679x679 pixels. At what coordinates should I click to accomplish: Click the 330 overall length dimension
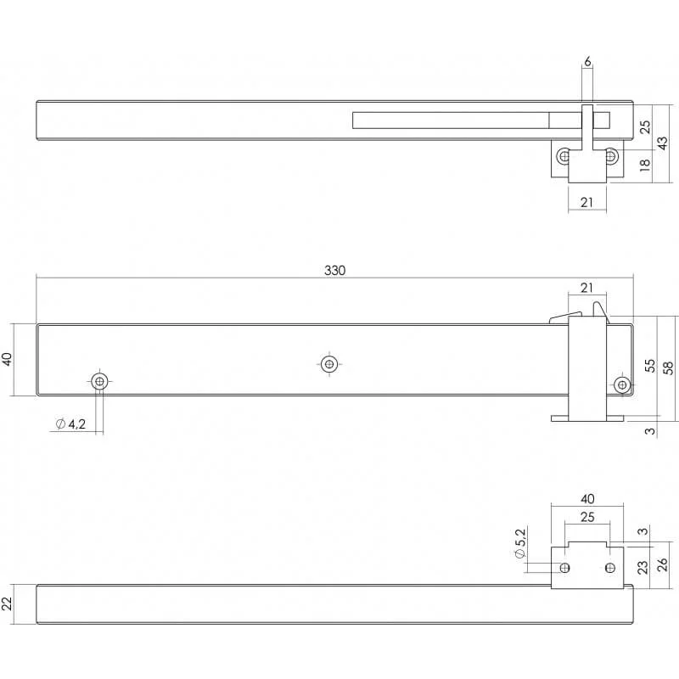[334, 271]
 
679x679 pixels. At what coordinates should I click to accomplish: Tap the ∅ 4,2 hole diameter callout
[70, 424]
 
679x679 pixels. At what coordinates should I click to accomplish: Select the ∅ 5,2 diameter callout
[519, 543]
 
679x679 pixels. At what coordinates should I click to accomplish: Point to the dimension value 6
[587, 62]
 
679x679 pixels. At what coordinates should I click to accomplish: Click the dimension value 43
[663, 143]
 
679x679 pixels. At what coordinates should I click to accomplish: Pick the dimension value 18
[645, 165]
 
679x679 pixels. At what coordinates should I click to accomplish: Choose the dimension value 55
[650, 366]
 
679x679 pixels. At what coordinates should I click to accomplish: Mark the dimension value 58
[668, 368]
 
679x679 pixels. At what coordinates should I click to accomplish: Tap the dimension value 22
[8, 603]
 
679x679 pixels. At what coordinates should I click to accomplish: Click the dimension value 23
[643, 567]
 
